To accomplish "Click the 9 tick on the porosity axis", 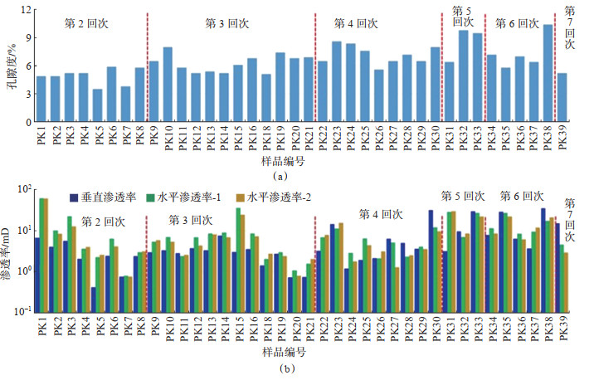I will [x=27, y=38].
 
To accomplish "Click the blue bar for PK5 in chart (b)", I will [x=94, y=299].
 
